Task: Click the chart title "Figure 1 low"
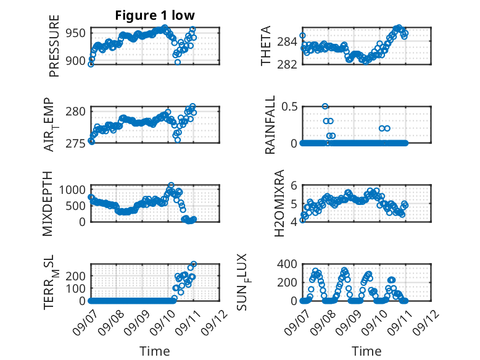[155, 15]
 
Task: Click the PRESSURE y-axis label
[54, 46]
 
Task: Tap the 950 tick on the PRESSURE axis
[76, 33]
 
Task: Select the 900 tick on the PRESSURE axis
[76, 61]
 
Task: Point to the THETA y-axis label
[266, 46]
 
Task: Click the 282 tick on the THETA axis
[287, 65]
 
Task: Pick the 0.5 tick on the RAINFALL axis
[289, 107]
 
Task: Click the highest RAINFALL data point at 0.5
[325, 106]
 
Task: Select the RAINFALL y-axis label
[270, 125]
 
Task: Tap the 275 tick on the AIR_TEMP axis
[76, 143]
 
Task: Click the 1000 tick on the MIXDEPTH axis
[72, 190]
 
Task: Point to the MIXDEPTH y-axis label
[48, 204]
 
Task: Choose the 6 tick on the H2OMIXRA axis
[294, 185]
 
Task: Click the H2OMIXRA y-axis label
[279, 203]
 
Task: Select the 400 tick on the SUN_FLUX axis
[287, 264]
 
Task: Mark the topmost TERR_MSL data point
[194, 264]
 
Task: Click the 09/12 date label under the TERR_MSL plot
[214, 322]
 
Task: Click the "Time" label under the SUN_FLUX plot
[366, 351]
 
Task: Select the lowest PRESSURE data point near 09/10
[178, 62]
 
